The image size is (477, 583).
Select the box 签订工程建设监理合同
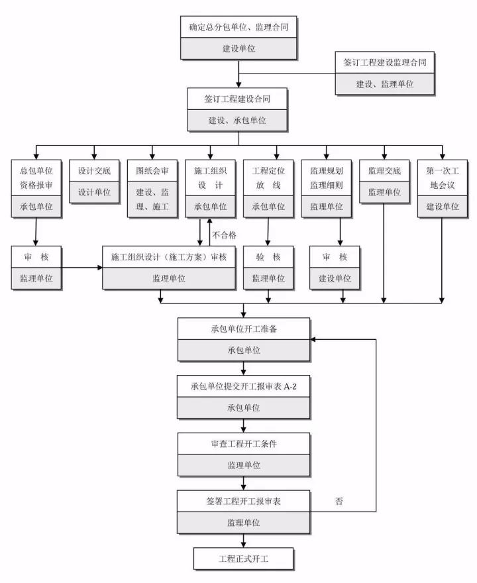click(385, 62)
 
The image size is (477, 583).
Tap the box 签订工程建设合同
click(238, 99)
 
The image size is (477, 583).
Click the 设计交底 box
click(94, 171)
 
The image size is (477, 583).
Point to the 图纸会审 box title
click(152, 171)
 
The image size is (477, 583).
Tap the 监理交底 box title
click(384, 171)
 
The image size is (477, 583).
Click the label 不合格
click(224, 235)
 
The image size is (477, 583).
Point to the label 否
click(339, 502)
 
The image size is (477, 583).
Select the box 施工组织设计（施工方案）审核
click(169, 257)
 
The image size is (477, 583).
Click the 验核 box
click(268, 257)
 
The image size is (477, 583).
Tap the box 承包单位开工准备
click(243, 329)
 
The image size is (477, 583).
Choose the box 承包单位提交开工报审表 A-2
click(243, 386)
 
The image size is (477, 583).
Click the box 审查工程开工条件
click(243, 444)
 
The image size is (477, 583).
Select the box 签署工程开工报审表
click(243, 501)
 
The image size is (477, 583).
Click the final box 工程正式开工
click(243, 558)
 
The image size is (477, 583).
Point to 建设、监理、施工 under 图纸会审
click(152, 199)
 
